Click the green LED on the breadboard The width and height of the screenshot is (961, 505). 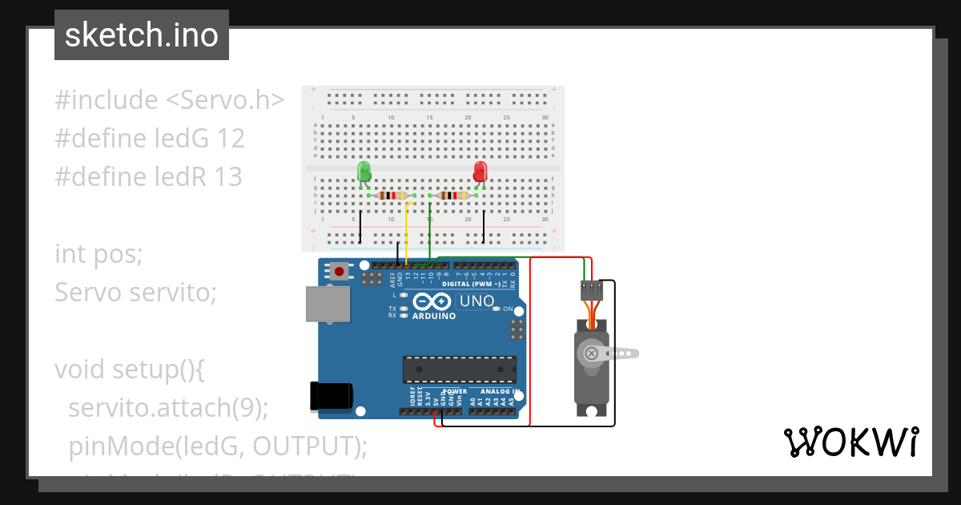click(364, 172)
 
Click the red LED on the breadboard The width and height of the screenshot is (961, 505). click(480, 172)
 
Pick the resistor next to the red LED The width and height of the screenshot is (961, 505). click(453, 196)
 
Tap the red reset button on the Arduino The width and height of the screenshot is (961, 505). click(340, 272)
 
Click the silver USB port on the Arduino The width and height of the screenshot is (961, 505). click(328, 304)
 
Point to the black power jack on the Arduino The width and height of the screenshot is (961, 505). click(331, 396)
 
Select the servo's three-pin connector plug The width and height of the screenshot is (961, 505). click(591, 289)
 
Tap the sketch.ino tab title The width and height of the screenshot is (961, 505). click(142, 35)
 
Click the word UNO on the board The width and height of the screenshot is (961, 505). click(476, 301)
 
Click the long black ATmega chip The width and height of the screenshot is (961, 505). click(459, 370)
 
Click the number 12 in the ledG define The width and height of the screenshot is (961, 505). click(230, 139)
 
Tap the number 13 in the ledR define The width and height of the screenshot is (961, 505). click(227, 176)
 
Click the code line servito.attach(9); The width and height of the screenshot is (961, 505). click(168, 407)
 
